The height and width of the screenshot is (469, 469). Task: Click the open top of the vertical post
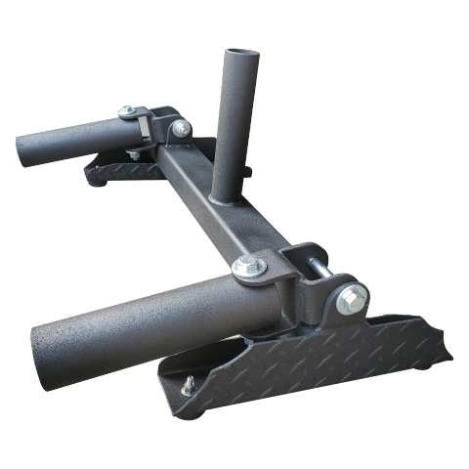pos(240,51)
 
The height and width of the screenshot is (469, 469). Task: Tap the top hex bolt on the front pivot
pos(248,265)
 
